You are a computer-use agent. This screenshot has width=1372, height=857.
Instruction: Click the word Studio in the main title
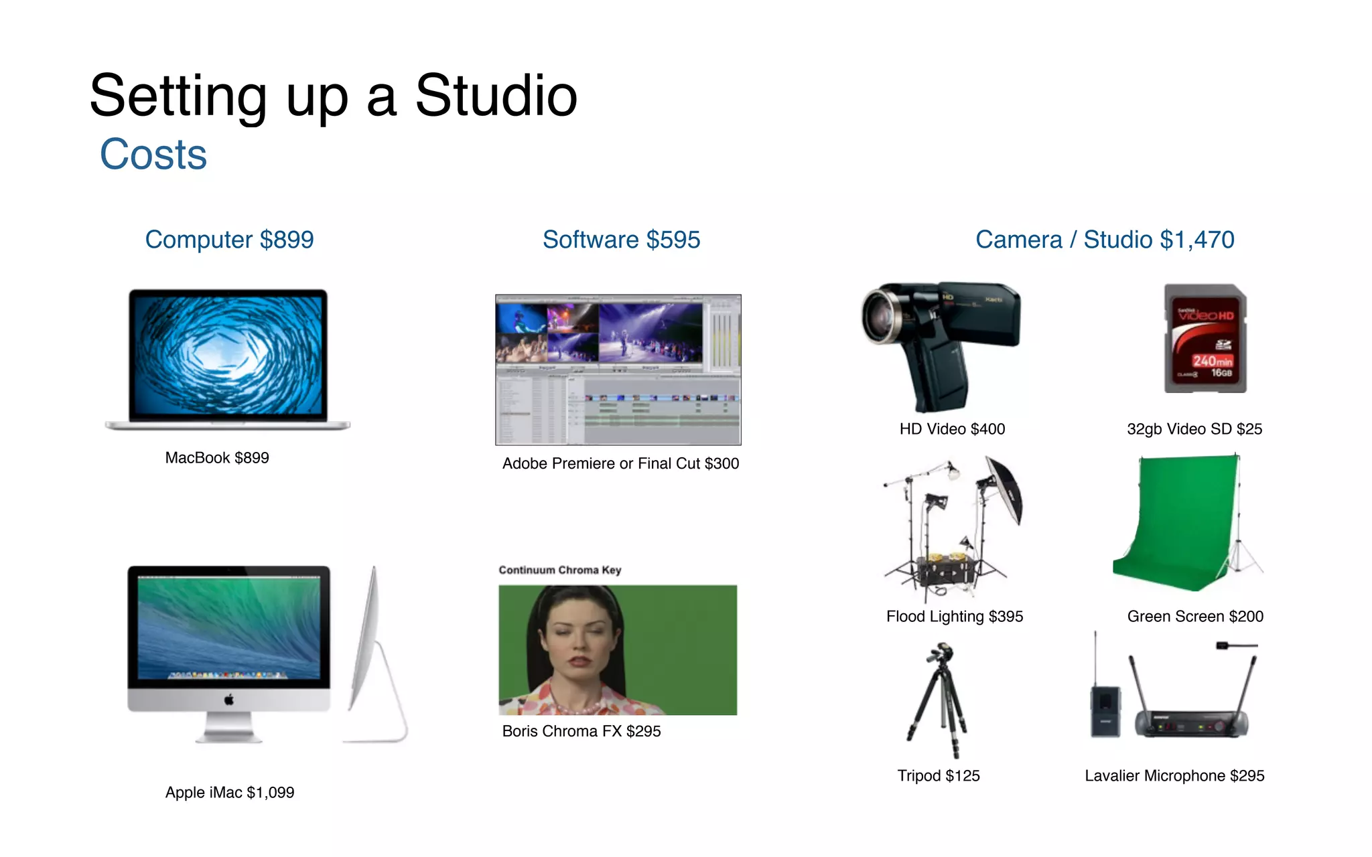pos(496,96)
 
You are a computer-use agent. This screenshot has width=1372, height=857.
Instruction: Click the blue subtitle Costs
pos(153,155)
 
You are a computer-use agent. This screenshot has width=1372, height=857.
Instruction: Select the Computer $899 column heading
pos(229,240)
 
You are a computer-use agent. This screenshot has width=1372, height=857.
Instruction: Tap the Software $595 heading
pos(621,240)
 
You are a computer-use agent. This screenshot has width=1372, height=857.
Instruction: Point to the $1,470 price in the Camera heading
pos(1196,240)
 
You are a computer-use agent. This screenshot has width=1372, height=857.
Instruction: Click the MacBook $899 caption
pos(217,458)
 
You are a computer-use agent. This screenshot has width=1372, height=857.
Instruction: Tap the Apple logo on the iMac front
pos(229,700)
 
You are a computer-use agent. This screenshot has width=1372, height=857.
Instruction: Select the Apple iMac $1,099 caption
pos(230,793)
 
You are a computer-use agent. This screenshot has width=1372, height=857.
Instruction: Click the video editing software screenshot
pos(618,370)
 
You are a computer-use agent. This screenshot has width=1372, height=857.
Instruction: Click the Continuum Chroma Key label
pos(559,570)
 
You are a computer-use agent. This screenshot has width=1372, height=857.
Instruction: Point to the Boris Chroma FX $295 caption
pos(581,731)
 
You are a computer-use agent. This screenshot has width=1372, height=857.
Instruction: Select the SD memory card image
pos(1205,339)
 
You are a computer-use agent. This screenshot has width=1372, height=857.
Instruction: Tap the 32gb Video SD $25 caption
pos(1194,429)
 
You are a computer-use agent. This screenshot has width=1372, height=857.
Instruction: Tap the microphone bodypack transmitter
pos(1105,710)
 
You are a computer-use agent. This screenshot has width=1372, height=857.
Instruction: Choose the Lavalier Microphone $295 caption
pos(1174,776)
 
